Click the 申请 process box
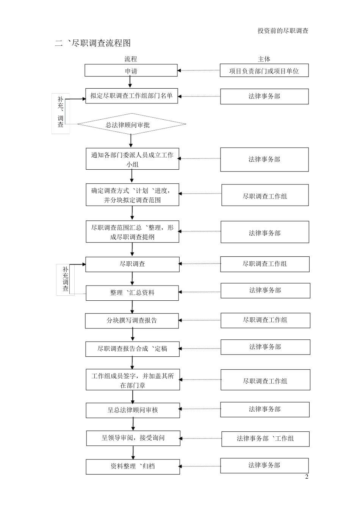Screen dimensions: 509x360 tap(131, 71)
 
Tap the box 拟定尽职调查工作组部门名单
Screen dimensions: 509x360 tap(131, 96)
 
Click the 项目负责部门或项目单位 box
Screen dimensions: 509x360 tap(264, 71)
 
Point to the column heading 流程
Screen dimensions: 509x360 tap(131, 59)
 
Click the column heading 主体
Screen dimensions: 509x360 tap(264, 59)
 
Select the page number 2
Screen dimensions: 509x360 tap(307, 477)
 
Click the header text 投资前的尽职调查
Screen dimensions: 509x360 tap(283, 31)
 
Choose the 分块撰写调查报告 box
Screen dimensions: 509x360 tap(132, 320)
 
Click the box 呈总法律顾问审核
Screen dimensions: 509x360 tap(133, 410)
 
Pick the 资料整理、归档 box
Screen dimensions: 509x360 tap(133, 467)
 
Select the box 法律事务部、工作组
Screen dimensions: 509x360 tap(265, 439)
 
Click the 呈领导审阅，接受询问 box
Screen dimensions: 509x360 tap(133, 438)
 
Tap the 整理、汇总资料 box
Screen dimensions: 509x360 tap(132, 293)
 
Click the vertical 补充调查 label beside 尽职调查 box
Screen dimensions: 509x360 tap(65, 279)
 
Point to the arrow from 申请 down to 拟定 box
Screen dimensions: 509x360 tap(130, 82)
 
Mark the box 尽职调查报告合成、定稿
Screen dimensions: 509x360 tap(132, 349)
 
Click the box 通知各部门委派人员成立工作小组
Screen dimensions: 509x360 tap(132, 159)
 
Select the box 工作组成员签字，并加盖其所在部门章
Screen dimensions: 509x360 tap(133, 380)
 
